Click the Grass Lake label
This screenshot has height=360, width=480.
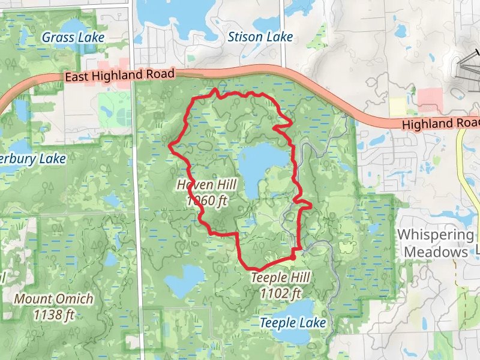tap(73, 37)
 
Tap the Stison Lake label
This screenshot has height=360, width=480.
tap(260, 37)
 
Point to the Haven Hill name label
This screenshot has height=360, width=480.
tap(207, 185)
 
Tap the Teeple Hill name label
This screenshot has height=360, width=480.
tap(280, 278)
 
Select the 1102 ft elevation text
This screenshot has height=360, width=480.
tap(280, 293)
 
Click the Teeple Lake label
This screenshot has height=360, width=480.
tap(292, 323)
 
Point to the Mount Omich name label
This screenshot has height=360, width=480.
tap(54, 299)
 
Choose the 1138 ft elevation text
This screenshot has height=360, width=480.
tap(54, 314)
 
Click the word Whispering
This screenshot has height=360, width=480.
tap(436, 235)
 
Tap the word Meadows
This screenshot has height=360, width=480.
tap(436, 252)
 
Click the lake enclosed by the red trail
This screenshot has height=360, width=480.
tap(264, 164)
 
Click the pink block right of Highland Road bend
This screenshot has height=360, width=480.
tap(430, 97)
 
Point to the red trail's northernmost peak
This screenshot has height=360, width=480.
tap(215, 90)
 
